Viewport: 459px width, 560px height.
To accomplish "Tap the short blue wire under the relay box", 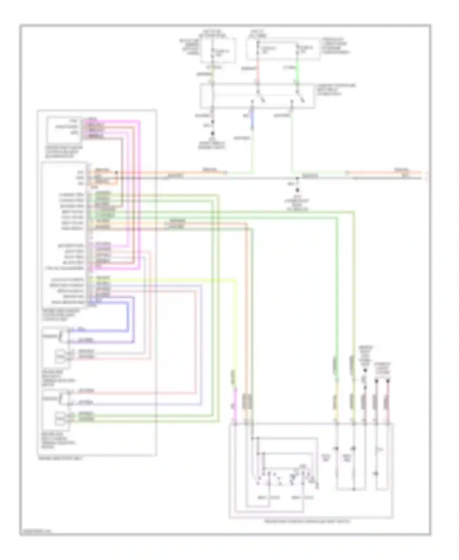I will pos(252,121).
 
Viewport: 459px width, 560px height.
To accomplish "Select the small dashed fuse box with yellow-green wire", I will pos(218,50).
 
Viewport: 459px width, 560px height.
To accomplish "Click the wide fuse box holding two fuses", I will pos(283,49).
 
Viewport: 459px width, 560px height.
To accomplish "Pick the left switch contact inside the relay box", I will pos(260,96).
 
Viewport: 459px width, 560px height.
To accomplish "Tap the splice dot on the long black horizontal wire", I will pos(297,178).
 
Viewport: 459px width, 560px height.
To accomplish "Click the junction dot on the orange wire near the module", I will pos(116,172).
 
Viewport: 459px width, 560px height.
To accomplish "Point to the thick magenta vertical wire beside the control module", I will pos(140,196).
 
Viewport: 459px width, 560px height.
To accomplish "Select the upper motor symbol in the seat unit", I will pos(60,356).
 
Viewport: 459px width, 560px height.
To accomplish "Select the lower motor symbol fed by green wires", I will pos(60,418).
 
